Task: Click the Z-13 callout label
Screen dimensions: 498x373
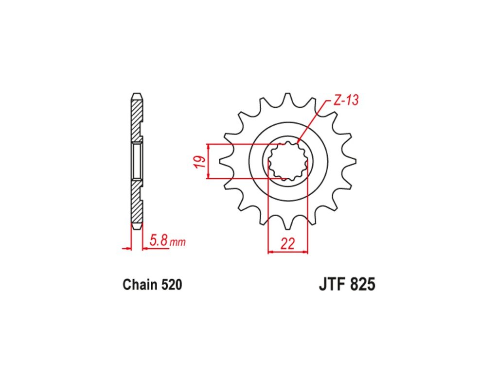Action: (346, 101)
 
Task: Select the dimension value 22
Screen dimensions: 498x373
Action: (288, 244)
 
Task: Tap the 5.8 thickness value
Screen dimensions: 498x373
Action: (159, 240)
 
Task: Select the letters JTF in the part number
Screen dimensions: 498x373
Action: (332, 284)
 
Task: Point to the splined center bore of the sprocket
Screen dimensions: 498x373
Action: (289, 161)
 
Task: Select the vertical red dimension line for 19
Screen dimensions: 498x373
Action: (208, 162)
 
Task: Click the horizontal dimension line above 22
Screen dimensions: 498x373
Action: (288, 252)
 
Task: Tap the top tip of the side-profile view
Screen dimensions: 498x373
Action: (137, 94)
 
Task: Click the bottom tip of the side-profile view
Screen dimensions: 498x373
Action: (137, 227)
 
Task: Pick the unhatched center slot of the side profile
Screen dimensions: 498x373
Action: (137, 161)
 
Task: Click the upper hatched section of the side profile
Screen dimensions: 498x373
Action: (136, 117)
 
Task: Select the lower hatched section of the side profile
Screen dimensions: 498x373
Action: (136, 204)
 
